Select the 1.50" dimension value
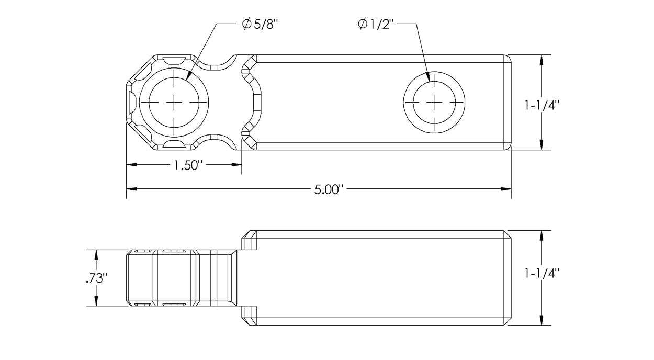[184, 165]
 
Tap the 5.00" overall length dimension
[328, 189]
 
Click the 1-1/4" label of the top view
[542, 105]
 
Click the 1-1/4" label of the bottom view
[542, 273]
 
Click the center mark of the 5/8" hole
[174, 102]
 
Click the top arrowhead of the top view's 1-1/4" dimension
[542, 59]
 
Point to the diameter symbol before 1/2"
[363, 24]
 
